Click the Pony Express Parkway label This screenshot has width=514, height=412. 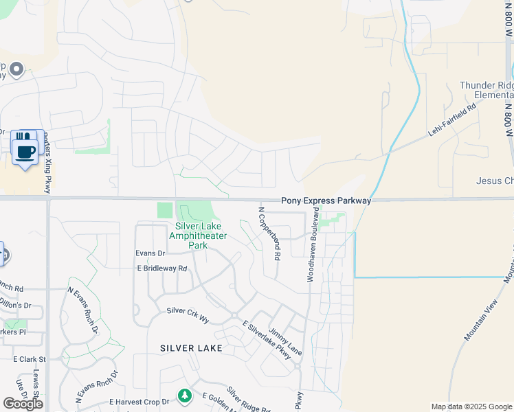[x=326, y=201]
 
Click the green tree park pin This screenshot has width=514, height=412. [x=184, y=396]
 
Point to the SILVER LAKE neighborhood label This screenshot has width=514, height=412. [x=191, y=348]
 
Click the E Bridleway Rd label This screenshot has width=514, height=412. [x=162, y=268]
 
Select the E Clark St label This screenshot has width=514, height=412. [x=30, y=359]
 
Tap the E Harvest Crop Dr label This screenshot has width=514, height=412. [x=139, y=402]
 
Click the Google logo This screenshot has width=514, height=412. [x=23, y=404]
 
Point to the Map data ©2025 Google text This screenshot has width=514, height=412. [x=471, y=407]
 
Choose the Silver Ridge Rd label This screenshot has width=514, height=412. [x=248, y=400]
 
